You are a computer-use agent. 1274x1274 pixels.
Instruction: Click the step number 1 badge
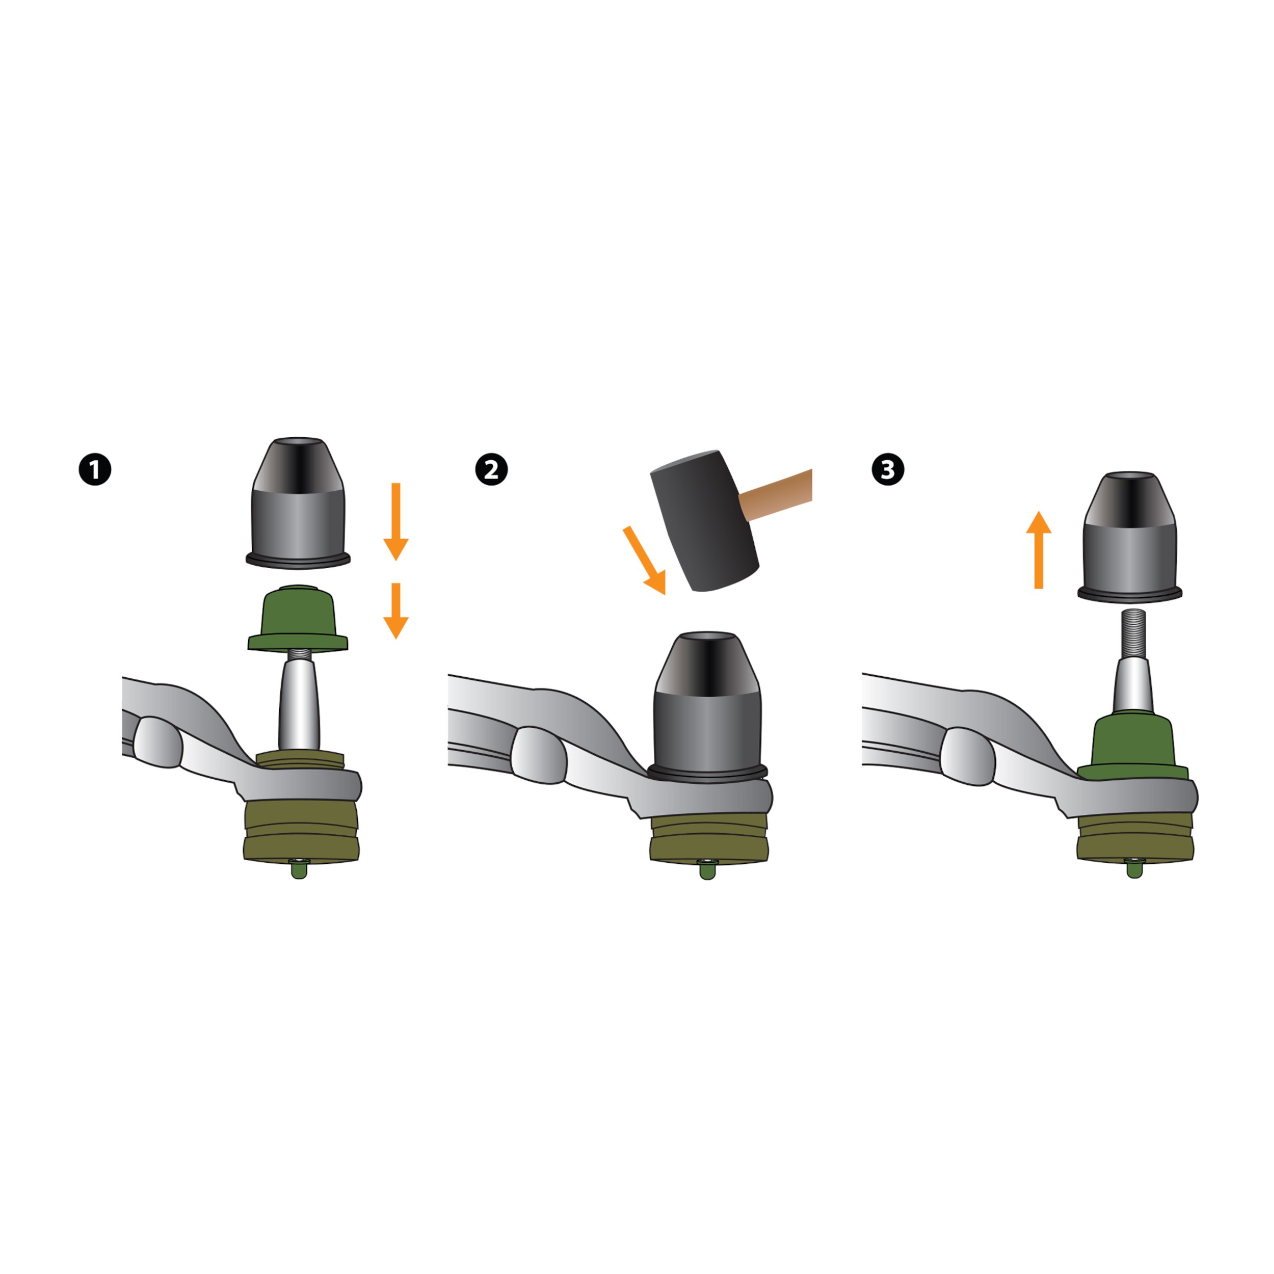coord(95,469)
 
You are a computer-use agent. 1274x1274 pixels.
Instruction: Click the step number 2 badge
coord(491,469)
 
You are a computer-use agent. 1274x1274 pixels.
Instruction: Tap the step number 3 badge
coord(888,469)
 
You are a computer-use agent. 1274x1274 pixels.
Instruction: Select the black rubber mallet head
coord(704,520)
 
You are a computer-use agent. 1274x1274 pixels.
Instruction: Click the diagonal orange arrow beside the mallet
coord(645,560)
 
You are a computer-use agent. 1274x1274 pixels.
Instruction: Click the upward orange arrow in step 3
coord(1039,549)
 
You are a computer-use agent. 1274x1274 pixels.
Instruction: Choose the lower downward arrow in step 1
coord(395,611)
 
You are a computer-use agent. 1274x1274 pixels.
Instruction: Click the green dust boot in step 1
coord(298,619)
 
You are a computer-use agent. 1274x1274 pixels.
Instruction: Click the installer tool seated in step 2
coord(707,706)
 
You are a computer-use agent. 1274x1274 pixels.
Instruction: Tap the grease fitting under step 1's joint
coord(299,869)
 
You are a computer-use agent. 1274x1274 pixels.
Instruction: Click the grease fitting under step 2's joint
coord(707,869)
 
